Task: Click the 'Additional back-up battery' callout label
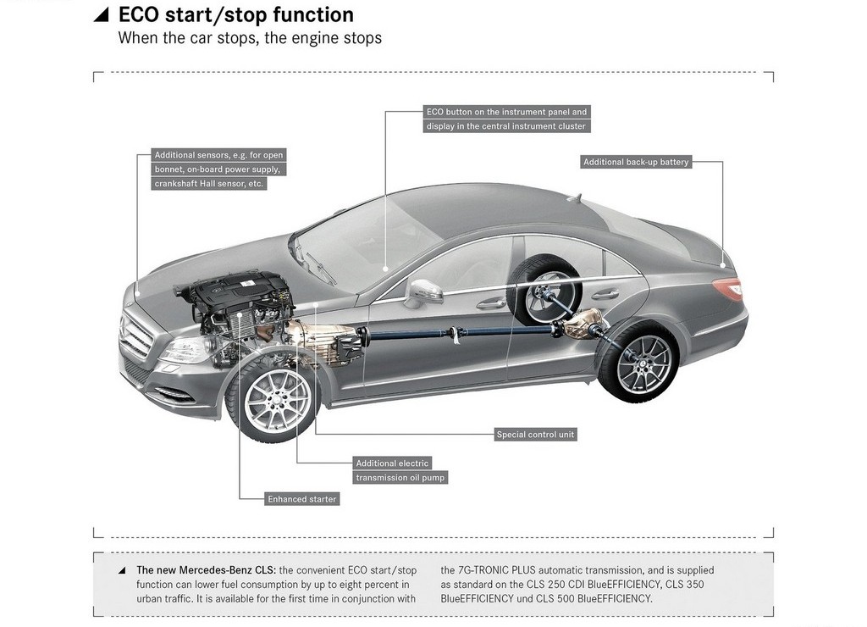click(636, 162)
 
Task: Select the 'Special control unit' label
click(535, 435)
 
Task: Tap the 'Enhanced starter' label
click(302, 499)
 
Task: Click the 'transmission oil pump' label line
click(400, 478)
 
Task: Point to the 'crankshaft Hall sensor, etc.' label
click(209, 184)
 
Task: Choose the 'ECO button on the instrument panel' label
click(506, 112)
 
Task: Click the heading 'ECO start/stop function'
click(236, 15)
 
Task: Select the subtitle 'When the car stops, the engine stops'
click(250, 38)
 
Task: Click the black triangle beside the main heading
click(102, 15)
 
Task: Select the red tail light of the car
click(729, 288)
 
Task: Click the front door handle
click(492, 303)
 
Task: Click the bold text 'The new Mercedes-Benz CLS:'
click(207, 570)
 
